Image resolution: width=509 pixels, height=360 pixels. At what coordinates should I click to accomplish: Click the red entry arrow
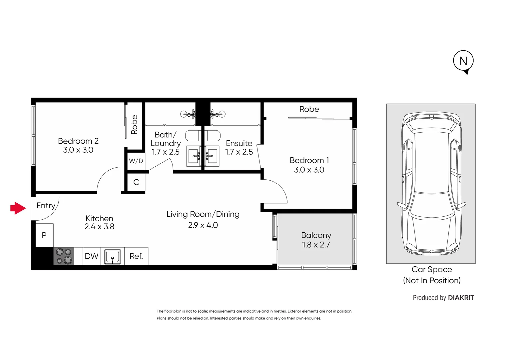coord(18,208)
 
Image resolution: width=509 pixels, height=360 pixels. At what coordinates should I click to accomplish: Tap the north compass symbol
coord(463,61)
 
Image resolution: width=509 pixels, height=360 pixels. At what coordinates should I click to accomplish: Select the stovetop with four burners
coord(64,256)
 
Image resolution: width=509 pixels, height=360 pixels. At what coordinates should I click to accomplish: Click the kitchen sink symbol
coord(113,256)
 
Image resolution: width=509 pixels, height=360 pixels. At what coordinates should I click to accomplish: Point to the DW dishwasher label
coord(92,256)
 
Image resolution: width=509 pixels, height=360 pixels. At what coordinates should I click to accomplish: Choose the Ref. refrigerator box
coord(136,256)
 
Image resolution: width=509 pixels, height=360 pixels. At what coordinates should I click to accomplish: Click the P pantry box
coord(44,235)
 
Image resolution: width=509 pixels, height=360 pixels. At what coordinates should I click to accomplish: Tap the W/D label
coord(136,161)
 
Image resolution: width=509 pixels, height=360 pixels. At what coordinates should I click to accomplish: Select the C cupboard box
coord(136,182)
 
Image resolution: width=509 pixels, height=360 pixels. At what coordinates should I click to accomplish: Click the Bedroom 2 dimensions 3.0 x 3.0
coord(78,150)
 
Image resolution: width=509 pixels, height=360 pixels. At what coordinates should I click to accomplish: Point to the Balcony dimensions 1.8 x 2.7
coord(316,245)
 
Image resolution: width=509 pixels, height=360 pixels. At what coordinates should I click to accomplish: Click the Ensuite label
coord(239,143)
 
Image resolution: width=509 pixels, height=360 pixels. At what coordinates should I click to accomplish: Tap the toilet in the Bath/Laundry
coord(193,136)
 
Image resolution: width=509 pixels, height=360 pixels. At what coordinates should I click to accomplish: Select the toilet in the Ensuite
coord(213,136)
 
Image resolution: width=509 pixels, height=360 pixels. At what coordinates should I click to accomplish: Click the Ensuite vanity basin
coord(211,156)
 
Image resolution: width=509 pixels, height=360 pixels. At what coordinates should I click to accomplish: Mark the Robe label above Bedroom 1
coord(309,109)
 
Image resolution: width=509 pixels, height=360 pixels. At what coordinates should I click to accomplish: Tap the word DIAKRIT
coord(461,298)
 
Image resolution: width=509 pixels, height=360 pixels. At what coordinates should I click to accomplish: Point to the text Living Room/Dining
coord(203,214)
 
